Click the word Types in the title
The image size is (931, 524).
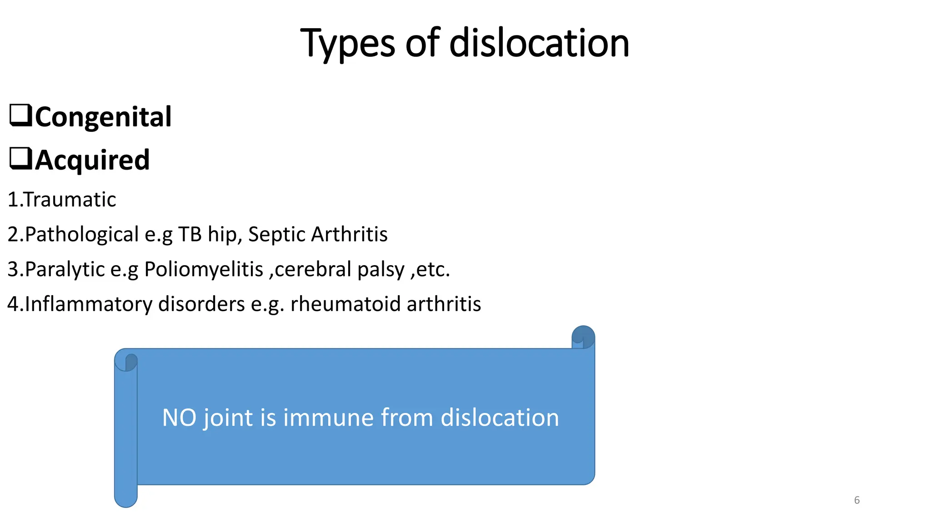click(x=348, y=44)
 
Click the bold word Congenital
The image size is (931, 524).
click(x=103, y=117)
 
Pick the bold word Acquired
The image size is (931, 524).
click(x=92, y=160)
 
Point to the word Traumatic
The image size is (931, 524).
click(x=70, y=200)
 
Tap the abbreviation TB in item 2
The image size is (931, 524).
click(x=190, y=234)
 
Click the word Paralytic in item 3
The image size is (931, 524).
click(x=65, y=269)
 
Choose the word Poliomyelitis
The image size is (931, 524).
click(x=204, y=269)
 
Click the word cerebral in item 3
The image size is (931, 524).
click(x=313, y=269)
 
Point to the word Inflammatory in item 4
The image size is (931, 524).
click(x=89, y=304)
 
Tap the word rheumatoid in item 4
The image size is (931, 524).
click(x=345, y=304)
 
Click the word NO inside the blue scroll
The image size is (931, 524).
click(x=179, y=418)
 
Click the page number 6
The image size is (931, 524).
click(x=857, y=500)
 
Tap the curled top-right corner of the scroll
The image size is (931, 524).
click(x=583, y=337)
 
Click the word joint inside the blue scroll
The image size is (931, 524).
click(x=228, y=418)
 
